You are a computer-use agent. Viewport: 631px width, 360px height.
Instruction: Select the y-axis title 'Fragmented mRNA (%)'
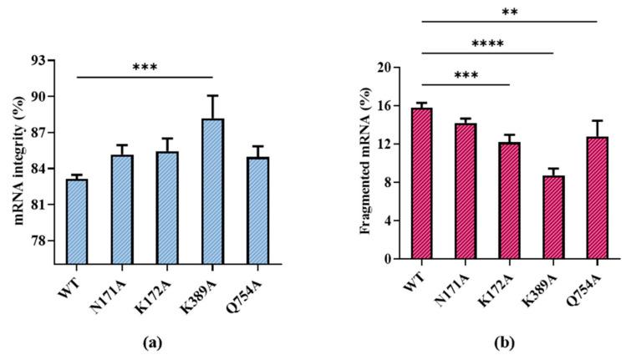[x=365, y=163]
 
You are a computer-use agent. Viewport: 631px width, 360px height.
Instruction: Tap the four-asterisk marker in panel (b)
[x=487, y=43]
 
